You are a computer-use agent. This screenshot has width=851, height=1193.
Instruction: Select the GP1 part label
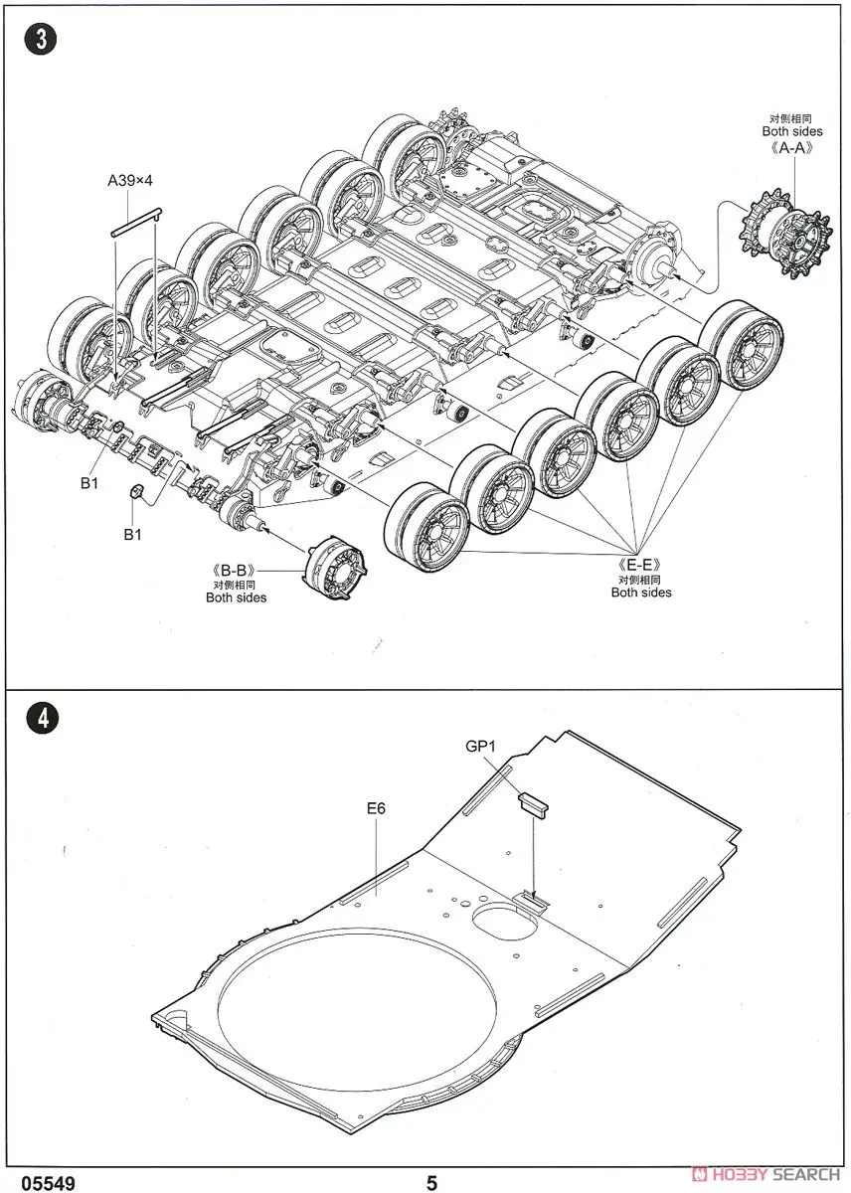point(481,745)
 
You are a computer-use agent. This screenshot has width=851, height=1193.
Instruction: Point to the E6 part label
point(375,808)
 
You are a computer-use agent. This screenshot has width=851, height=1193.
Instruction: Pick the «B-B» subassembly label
point(235,571)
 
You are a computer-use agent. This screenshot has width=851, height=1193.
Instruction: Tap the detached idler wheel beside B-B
point(335,565)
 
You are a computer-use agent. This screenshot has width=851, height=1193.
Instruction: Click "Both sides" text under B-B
point(236,597)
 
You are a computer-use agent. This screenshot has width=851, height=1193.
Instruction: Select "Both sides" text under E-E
point(641,593)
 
